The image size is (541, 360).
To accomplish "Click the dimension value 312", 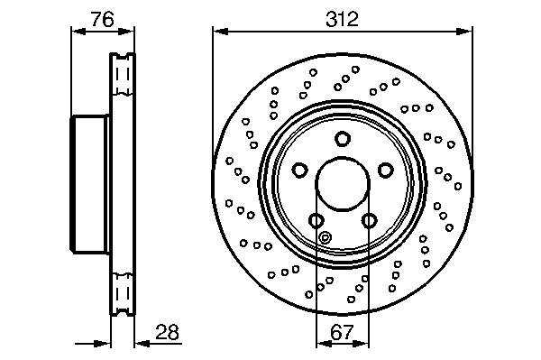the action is (x=342, y=19).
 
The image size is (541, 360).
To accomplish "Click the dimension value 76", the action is (x=102, y=19).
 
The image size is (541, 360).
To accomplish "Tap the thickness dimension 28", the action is (x=168, y=332).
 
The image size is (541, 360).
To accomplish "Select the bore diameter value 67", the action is (x=343, y=332).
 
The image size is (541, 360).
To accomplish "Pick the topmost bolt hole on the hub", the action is (x=343, y=139).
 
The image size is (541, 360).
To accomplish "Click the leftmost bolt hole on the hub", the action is (x=299, y=171).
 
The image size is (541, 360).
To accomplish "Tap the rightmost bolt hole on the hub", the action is (x=386, y=171).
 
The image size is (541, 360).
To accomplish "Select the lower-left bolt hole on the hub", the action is (x=316, y=220).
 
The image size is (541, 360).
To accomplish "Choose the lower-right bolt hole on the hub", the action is (x=369, y=220).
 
